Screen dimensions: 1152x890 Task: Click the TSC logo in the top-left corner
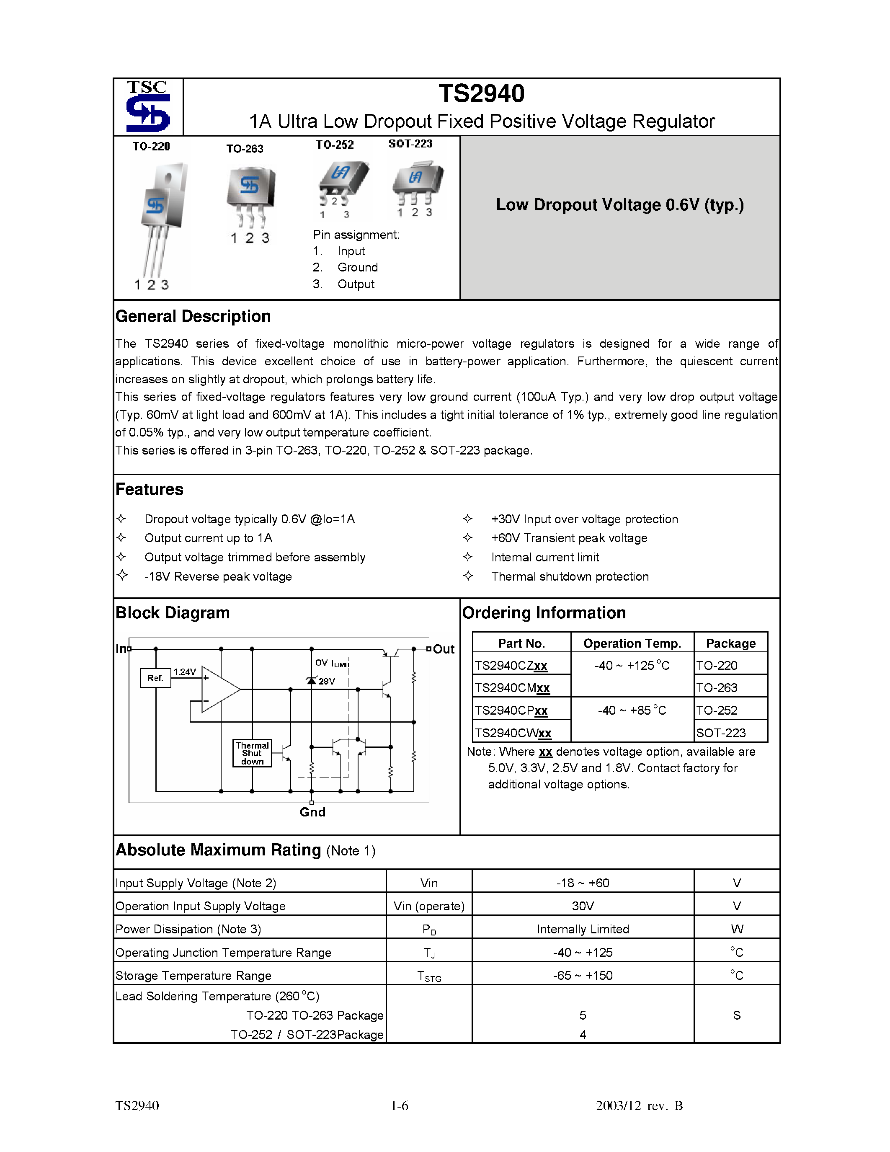(x=148, y=106)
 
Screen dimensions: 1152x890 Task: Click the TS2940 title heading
(x=481, y=94)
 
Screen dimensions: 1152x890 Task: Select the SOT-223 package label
(x=410, y=143)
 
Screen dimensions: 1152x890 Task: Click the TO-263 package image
(x=251, y=195)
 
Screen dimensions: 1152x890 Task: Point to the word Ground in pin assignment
(x=358, y=267)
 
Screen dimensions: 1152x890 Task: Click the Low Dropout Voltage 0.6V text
(x=619, y=205)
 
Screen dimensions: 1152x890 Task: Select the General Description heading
(x=193, y=316)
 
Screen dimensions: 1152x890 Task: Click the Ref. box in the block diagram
(x=155, y=678)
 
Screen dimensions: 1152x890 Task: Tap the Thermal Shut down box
(x=252, y=753)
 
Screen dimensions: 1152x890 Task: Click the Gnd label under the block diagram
(x=312, y=812)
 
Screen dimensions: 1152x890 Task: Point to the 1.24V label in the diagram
(x=185, y=672)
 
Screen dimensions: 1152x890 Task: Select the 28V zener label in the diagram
(x=326, y=682)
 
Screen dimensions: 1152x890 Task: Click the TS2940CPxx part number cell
(x=511, y=710)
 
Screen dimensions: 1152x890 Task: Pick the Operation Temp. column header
(x=632, y=643)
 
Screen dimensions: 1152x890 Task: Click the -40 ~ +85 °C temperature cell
(x=632, y=710)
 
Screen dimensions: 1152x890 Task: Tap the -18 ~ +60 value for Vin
(x=583, y=883)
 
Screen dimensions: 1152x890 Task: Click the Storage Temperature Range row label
(x=193, y=976)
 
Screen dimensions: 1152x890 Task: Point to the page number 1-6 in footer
(x=399, y=1106)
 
